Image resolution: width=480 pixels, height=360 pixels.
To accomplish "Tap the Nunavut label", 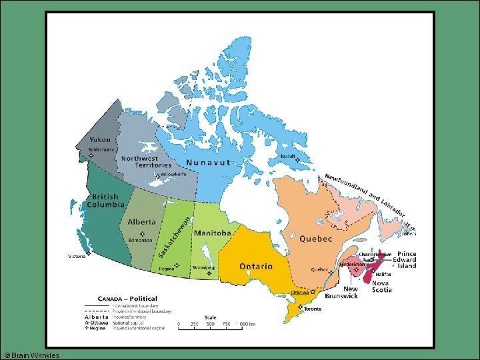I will [208, 163].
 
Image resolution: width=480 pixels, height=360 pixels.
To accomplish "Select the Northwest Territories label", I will [140, 162].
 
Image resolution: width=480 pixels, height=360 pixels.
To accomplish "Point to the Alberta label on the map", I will [141, 222].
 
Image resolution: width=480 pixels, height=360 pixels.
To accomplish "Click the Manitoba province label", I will [212, 233].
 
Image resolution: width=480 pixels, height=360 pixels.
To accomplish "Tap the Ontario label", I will [256, 266].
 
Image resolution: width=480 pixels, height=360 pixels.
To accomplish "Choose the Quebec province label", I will [316, 239].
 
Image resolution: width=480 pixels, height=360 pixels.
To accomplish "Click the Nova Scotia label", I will [381, 287].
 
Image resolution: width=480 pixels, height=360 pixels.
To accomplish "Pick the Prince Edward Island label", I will [407, 260].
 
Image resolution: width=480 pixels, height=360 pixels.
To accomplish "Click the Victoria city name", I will [77, 256].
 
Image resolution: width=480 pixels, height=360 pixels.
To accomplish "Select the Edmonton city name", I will [141, 240].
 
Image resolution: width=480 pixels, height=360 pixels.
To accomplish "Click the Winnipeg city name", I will [203, 267].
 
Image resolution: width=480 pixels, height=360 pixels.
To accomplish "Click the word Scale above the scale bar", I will [210, 317].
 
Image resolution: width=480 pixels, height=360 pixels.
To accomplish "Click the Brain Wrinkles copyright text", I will [31, 355].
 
